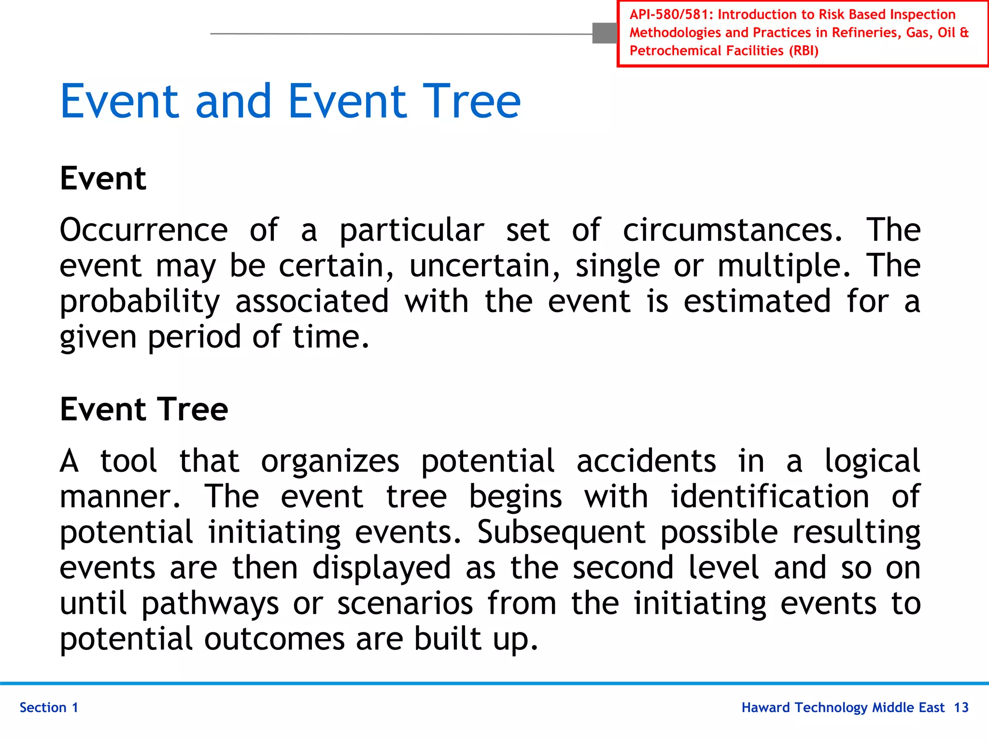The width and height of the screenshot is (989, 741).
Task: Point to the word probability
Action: coord(140,302)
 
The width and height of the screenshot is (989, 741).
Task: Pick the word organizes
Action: coord(330,461)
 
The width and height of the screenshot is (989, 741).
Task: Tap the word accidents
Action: coord(646,461)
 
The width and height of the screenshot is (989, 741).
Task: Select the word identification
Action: coord(770,496)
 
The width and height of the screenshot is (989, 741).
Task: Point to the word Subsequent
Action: coord(561,533)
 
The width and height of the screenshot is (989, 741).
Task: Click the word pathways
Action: coord(210,604)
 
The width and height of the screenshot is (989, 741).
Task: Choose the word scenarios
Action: coord(405,604)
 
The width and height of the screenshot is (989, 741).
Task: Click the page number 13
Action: coord(961,708)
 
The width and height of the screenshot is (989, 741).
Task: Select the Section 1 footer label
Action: coord(49,708)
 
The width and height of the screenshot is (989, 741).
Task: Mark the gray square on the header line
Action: coord(605,33)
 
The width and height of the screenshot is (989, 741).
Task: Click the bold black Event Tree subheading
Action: coord(144,409)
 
